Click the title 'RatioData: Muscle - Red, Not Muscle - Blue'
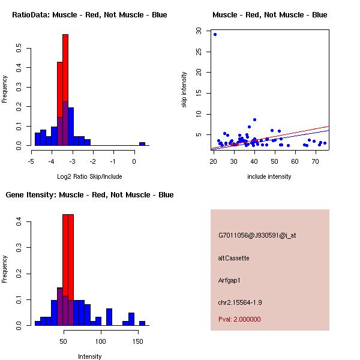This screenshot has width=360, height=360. pos(89,15)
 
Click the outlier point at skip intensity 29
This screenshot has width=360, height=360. pos(215,34)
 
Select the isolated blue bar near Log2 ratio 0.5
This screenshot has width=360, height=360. pos(142,144)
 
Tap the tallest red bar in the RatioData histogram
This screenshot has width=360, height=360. pos(65,90)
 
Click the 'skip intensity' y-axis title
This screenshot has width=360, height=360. pos(185,90)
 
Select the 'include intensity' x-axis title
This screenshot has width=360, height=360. pos(269,176)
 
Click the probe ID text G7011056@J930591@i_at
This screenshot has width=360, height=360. pos(257,235)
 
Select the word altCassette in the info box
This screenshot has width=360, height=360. pos(234,258)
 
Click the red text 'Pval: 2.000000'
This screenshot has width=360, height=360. pos(239,319)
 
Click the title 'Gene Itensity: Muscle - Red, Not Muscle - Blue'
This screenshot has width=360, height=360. pos(89,195)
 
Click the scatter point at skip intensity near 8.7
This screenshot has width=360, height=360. pos(254,120)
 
